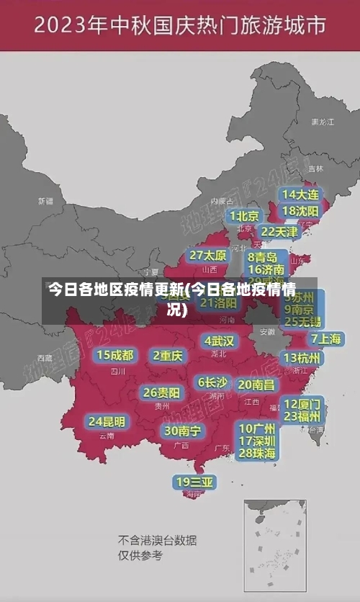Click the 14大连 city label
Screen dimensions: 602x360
pos(300,195)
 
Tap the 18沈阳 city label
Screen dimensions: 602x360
pos(300,211)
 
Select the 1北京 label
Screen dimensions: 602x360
pos(245,216)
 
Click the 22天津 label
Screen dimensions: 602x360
pos(279,232)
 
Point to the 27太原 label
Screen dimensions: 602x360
pos(208,256)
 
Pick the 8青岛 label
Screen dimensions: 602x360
pos(263,257)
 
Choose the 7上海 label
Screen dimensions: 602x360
pos(326,338)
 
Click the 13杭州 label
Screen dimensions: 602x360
pos(303,358)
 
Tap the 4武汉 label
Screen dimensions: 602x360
pos(219,341)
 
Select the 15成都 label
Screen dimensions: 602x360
pos(115,355)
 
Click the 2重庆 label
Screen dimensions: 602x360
pos(168,356)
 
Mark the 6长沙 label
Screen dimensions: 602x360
pos(212,382)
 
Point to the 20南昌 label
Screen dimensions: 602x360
pos(256,385)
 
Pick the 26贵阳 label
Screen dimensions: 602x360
pos(161,393)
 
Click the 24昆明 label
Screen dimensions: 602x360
pos(107,421)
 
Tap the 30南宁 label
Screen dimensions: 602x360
pos(183,431)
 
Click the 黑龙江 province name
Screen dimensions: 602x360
pos(323,122)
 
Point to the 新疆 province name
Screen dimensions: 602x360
pos(46,201)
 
